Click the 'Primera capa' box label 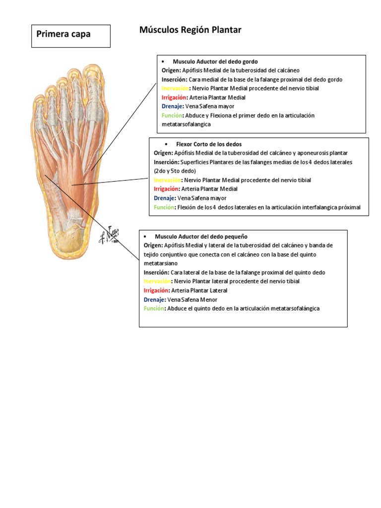[63, 34]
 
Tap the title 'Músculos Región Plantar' [190, 30]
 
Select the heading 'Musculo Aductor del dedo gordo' [215, 62]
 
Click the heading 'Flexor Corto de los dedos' [209, 144]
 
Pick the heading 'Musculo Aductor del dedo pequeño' [201, 237]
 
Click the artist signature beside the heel [109, 235]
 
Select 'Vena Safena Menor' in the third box [192, 300]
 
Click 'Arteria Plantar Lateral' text [199, 291]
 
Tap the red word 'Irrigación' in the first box [174, 98]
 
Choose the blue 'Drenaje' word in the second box [164, 198]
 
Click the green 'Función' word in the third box [154, 309]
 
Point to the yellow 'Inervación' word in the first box [175, 88]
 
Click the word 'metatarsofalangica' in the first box [186, 125]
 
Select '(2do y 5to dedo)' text [175, 171]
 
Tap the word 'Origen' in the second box [162, 153]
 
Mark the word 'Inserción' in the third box [156, 272]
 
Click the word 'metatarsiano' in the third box [161, 263]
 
